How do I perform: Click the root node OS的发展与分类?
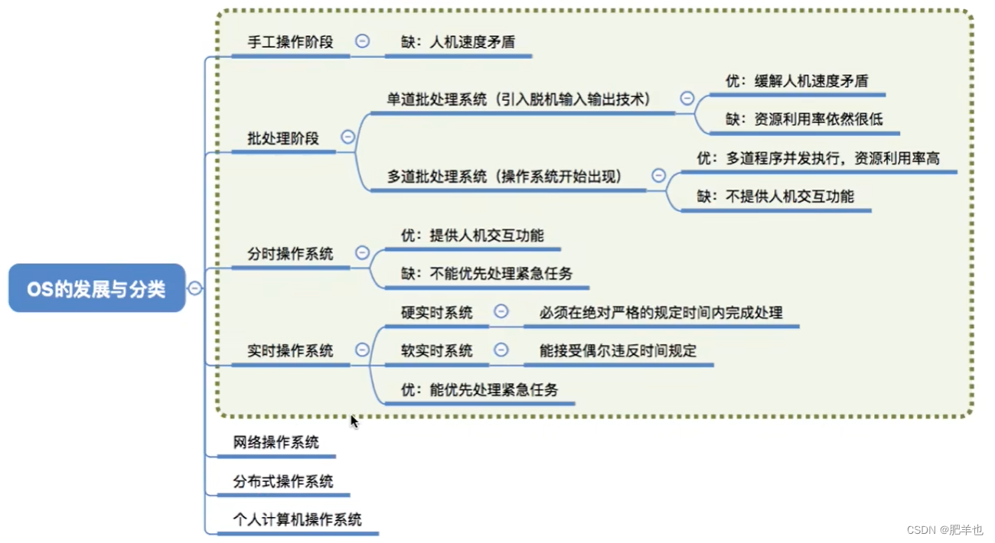point(96,288)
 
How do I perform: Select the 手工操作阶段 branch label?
point(290,42)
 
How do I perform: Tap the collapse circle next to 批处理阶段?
point(347,137)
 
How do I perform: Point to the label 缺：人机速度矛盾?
point(458,42)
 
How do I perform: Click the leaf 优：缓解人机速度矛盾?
point(796,80)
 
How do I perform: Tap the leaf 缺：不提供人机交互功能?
point(775,197)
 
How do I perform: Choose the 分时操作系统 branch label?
point(290,254)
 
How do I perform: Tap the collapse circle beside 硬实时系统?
point(501,311)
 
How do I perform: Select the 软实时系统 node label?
point(437,351)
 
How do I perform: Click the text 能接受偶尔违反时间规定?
point(618,351)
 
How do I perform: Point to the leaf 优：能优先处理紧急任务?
point(479,390)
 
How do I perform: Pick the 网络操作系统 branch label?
point(276,442)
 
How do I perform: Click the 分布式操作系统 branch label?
point(283,481)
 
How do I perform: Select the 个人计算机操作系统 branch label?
point(297,520)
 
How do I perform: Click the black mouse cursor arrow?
point(354,421)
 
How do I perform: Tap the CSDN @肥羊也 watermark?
point(944,530)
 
